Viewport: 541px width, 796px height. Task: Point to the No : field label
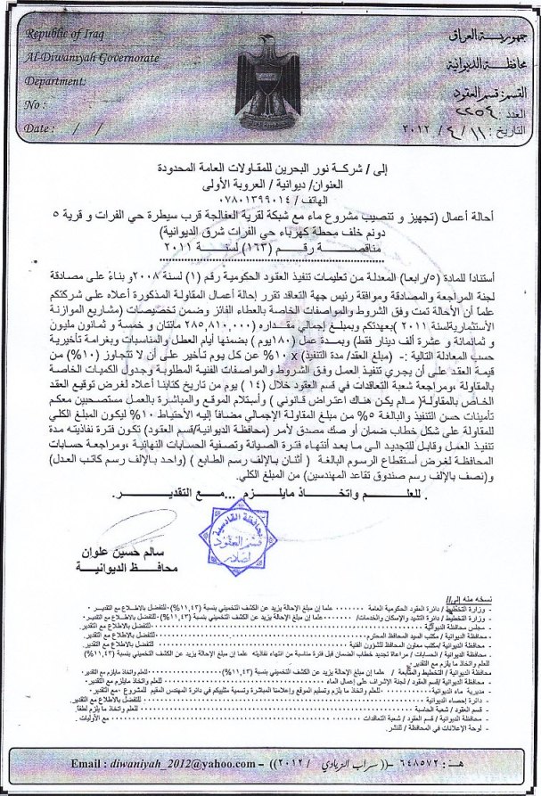[x=36, y=104]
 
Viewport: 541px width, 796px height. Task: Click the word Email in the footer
[x=88, y=765]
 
